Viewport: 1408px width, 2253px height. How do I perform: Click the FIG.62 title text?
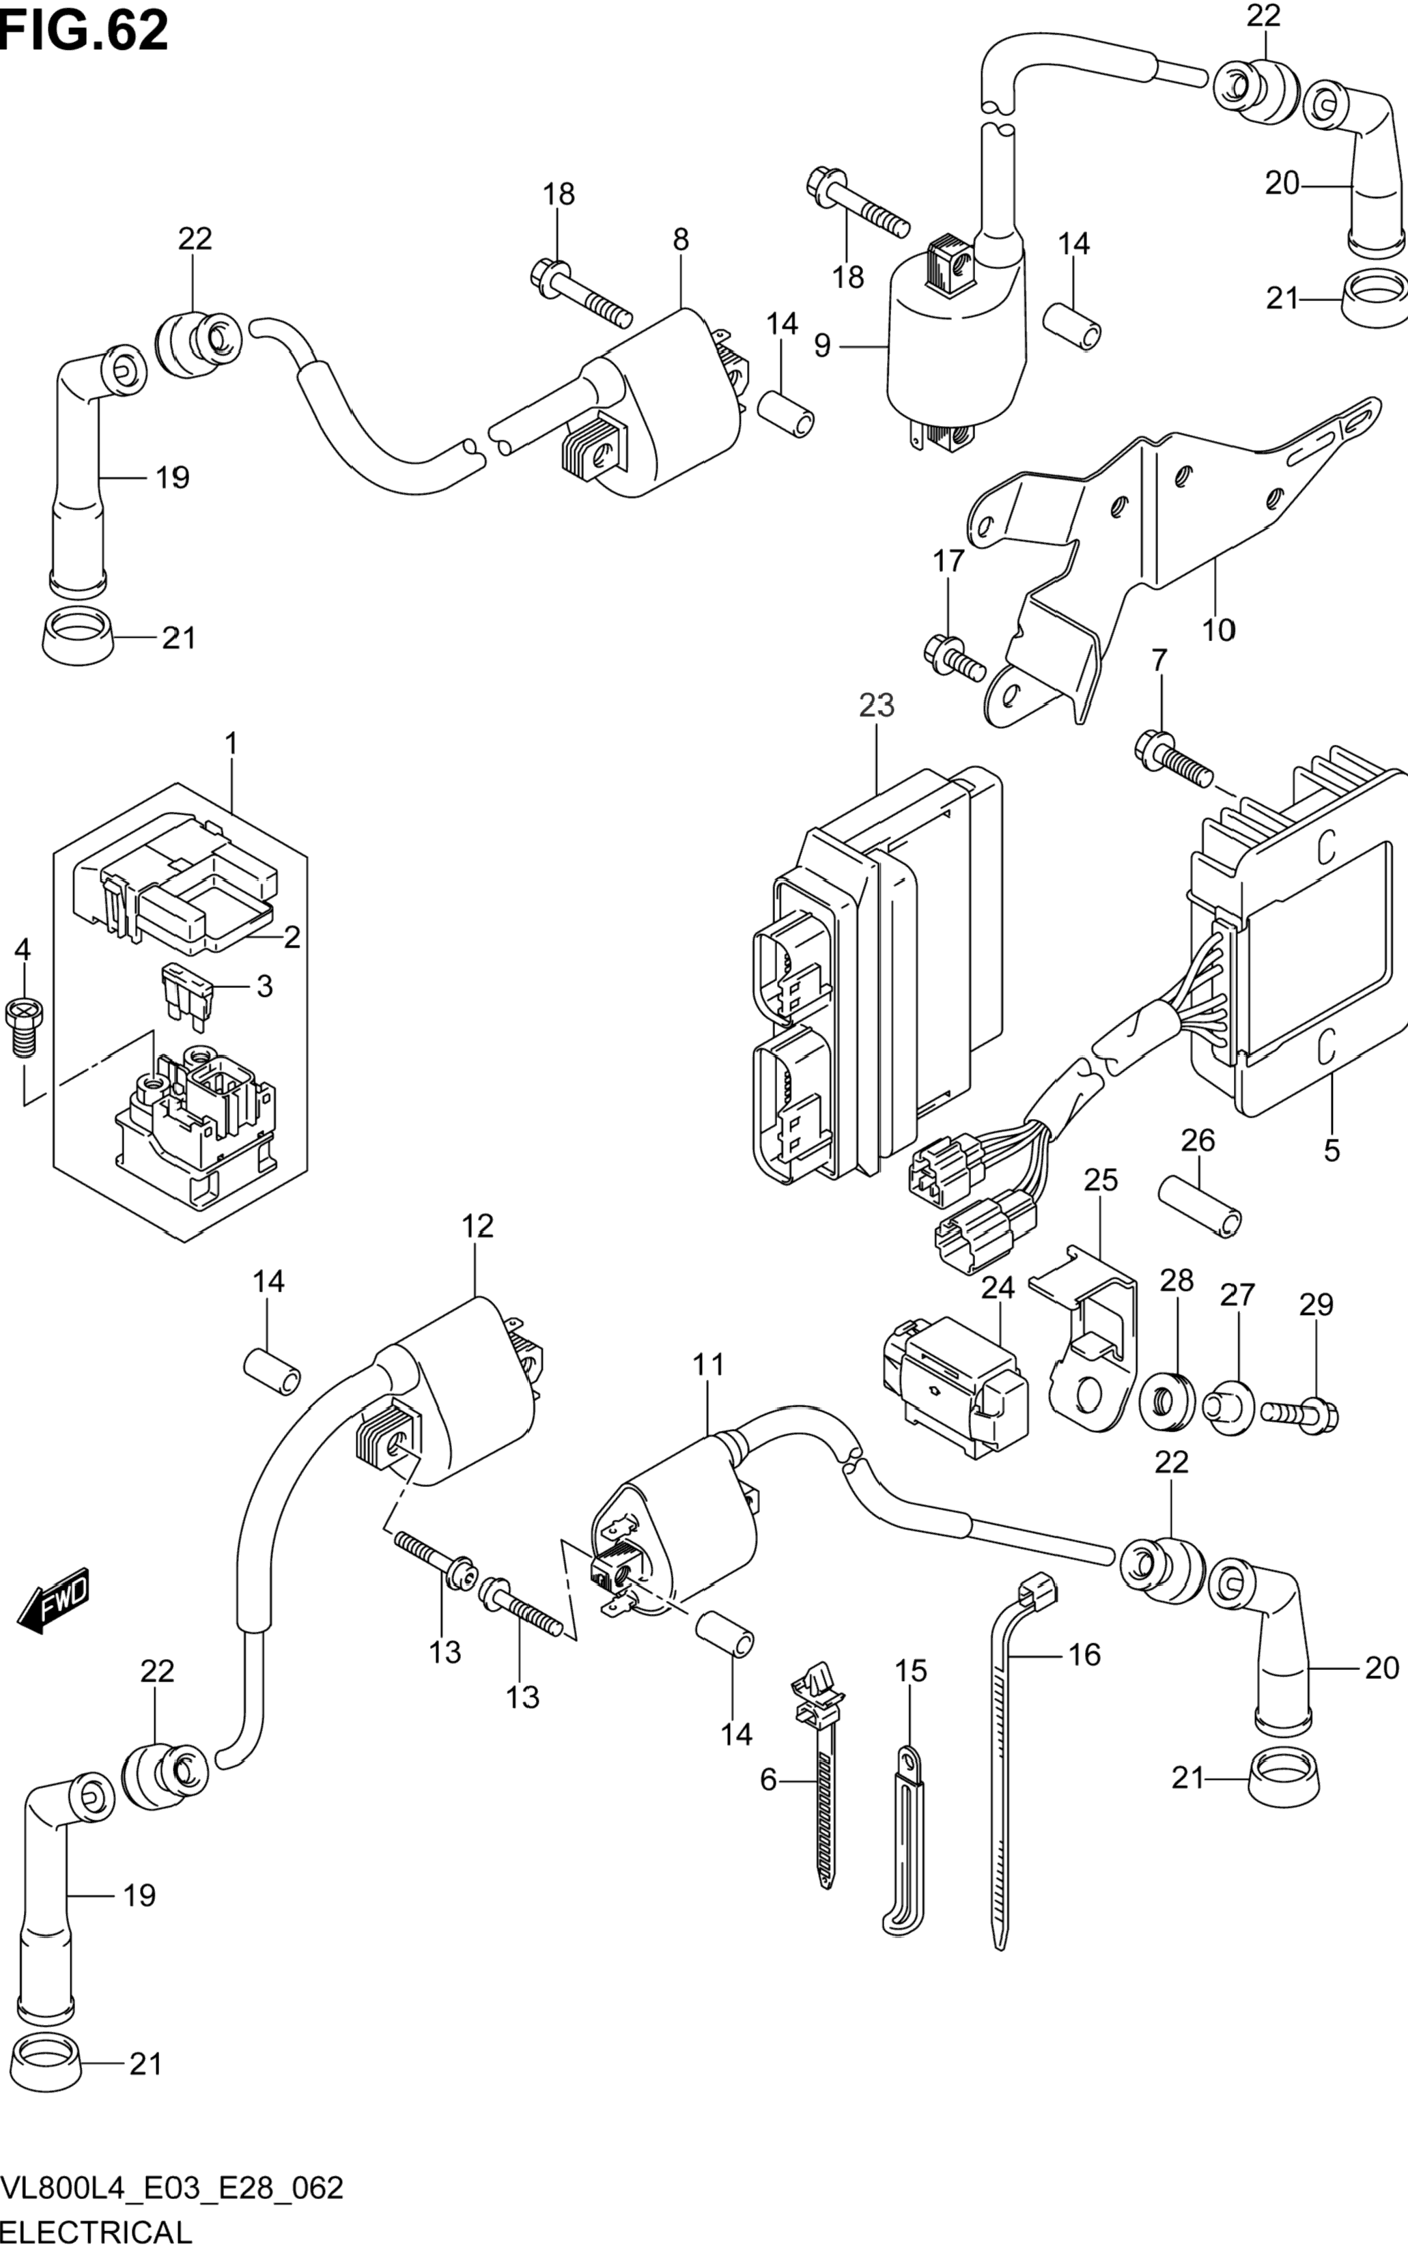click(85, 31)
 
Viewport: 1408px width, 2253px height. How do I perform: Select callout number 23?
click(876, 706)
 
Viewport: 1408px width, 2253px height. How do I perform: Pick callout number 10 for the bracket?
click(1219, 630)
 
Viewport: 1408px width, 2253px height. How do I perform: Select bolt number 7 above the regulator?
click(1173, 761)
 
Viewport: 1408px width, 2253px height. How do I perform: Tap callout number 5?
click(1332, 1150)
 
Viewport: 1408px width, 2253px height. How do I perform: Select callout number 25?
click(1101, 1180)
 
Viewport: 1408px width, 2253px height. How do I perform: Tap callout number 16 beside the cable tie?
click(1084, 1656)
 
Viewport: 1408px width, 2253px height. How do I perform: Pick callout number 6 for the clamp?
click(768, 1780)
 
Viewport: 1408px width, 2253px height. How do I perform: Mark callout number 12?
click(477, 1226)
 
